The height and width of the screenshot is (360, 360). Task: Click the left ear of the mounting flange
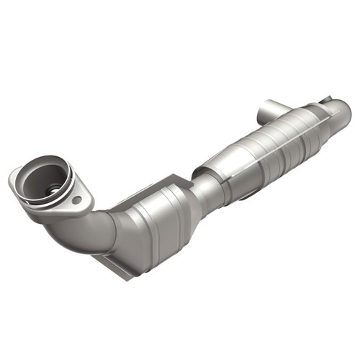[16, 176]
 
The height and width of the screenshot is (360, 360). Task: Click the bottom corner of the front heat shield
[122, 272]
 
